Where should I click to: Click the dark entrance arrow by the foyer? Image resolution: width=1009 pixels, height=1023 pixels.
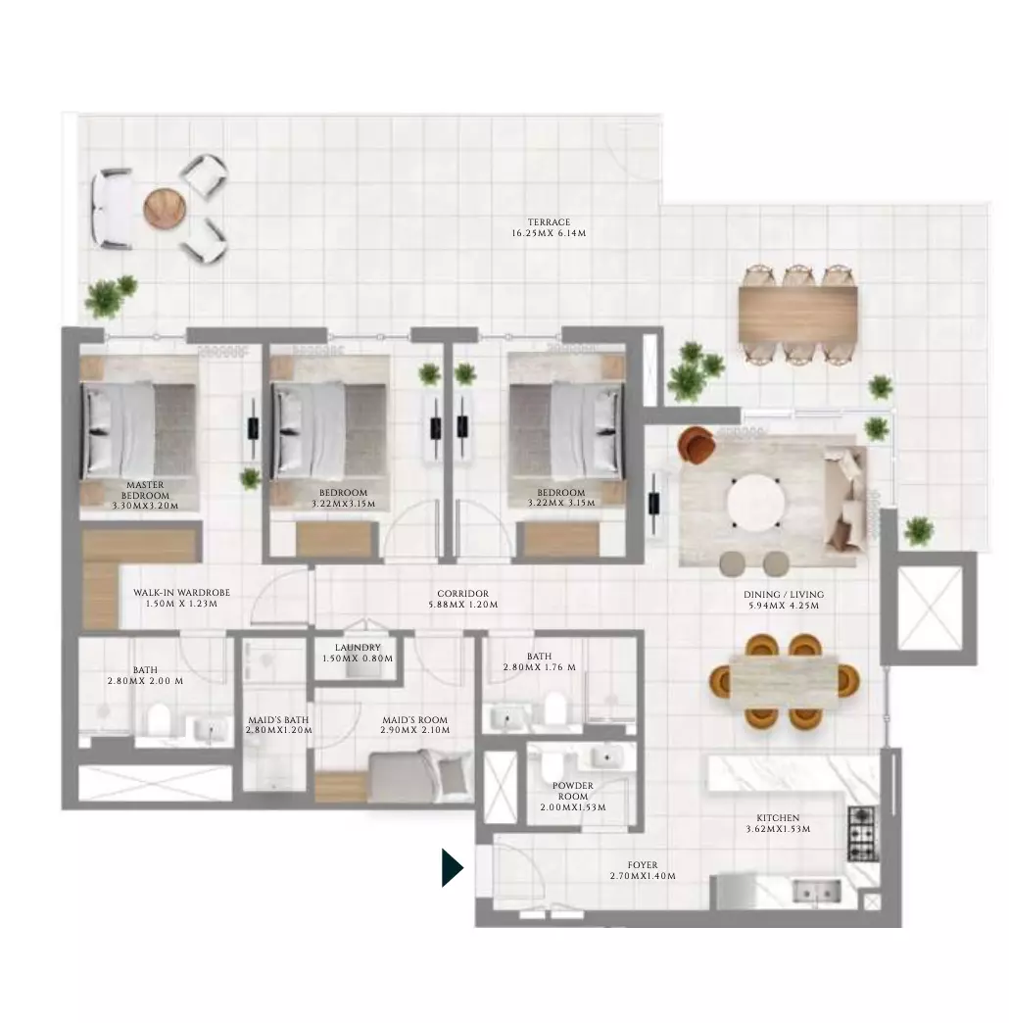(x=452, y=868)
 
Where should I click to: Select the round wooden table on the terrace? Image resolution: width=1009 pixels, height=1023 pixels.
(x=165, y=208)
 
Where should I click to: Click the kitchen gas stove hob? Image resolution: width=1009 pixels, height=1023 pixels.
(x=862, y=833)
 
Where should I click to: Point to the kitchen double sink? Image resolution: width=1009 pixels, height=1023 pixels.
(x=816, y=892)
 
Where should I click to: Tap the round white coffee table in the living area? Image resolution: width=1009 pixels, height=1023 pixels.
(x=755, y=501)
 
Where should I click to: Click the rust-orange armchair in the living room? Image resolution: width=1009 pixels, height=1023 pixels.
(x=697, y=443)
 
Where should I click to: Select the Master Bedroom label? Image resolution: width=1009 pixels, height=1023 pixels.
(x=145, y=490)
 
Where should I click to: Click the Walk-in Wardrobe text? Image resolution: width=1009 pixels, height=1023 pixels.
(x=181, y=593)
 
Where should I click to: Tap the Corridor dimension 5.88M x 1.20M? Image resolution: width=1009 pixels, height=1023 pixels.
(x=463, y=605)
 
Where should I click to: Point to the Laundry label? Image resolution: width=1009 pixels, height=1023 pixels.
(x=358, y=647)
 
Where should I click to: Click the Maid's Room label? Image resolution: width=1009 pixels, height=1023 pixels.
(x=414, y=719)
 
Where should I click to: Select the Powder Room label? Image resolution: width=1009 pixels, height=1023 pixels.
(x=573, y=791)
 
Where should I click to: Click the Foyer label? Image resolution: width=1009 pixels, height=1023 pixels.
(x=643, y=865)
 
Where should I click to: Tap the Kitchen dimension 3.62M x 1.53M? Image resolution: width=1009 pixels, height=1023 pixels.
(x=778, y=829)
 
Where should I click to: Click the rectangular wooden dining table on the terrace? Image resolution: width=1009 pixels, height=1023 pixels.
(x=797, y=313)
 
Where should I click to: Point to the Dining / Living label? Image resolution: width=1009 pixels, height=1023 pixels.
(x=784, y=595)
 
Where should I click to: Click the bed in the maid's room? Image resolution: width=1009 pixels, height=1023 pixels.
(x=420, y=776)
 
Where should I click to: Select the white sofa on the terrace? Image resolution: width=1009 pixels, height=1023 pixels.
(x=113, y=208)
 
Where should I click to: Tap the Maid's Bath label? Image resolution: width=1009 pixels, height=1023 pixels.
(x=278, y=719)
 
